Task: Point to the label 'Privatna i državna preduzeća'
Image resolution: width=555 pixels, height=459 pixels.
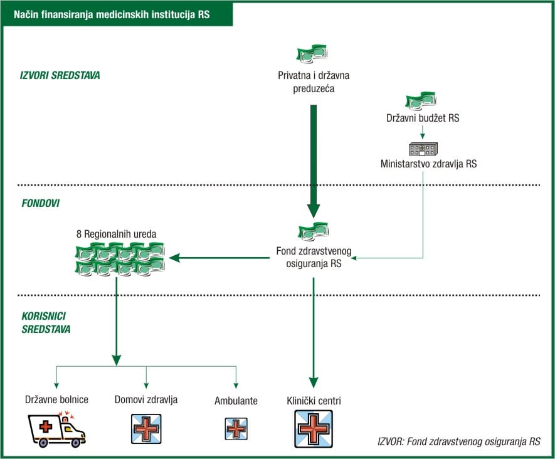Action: [314, 82]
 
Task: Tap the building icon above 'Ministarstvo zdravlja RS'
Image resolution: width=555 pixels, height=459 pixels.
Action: [423, 149]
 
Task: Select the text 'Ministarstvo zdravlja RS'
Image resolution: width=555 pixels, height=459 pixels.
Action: [428, 164]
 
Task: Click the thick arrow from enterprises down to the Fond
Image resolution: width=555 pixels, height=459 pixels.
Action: [314, 160]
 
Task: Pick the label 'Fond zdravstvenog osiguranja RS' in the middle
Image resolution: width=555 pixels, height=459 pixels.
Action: [314, 258]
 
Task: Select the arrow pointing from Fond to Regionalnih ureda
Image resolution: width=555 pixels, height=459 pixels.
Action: [219, 258]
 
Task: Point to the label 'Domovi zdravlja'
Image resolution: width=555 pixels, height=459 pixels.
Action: [146, 399]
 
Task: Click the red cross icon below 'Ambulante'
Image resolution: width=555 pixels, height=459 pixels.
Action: [236, 428]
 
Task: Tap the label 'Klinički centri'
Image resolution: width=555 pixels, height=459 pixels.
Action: [314, 400]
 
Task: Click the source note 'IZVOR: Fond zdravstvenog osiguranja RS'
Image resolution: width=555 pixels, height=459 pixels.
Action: [459, 441]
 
